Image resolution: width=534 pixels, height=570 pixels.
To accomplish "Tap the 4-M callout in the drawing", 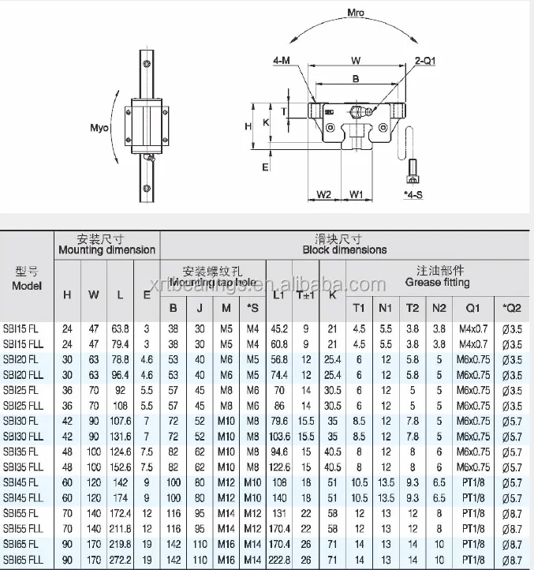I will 280,59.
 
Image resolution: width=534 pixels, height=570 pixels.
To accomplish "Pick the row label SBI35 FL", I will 24,451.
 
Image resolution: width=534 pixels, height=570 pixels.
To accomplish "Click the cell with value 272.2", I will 120,559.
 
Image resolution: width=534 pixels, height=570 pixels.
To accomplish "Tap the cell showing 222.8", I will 278,559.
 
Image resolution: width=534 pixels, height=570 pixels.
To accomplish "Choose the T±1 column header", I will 304,294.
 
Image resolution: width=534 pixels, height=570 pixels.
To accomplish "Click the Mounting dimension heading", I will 107,249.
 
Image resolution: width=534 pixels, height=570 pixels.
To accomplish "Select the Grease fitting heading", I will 437,282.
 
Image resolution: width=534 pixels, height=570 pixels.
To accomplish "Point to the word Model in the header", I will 27,285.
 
